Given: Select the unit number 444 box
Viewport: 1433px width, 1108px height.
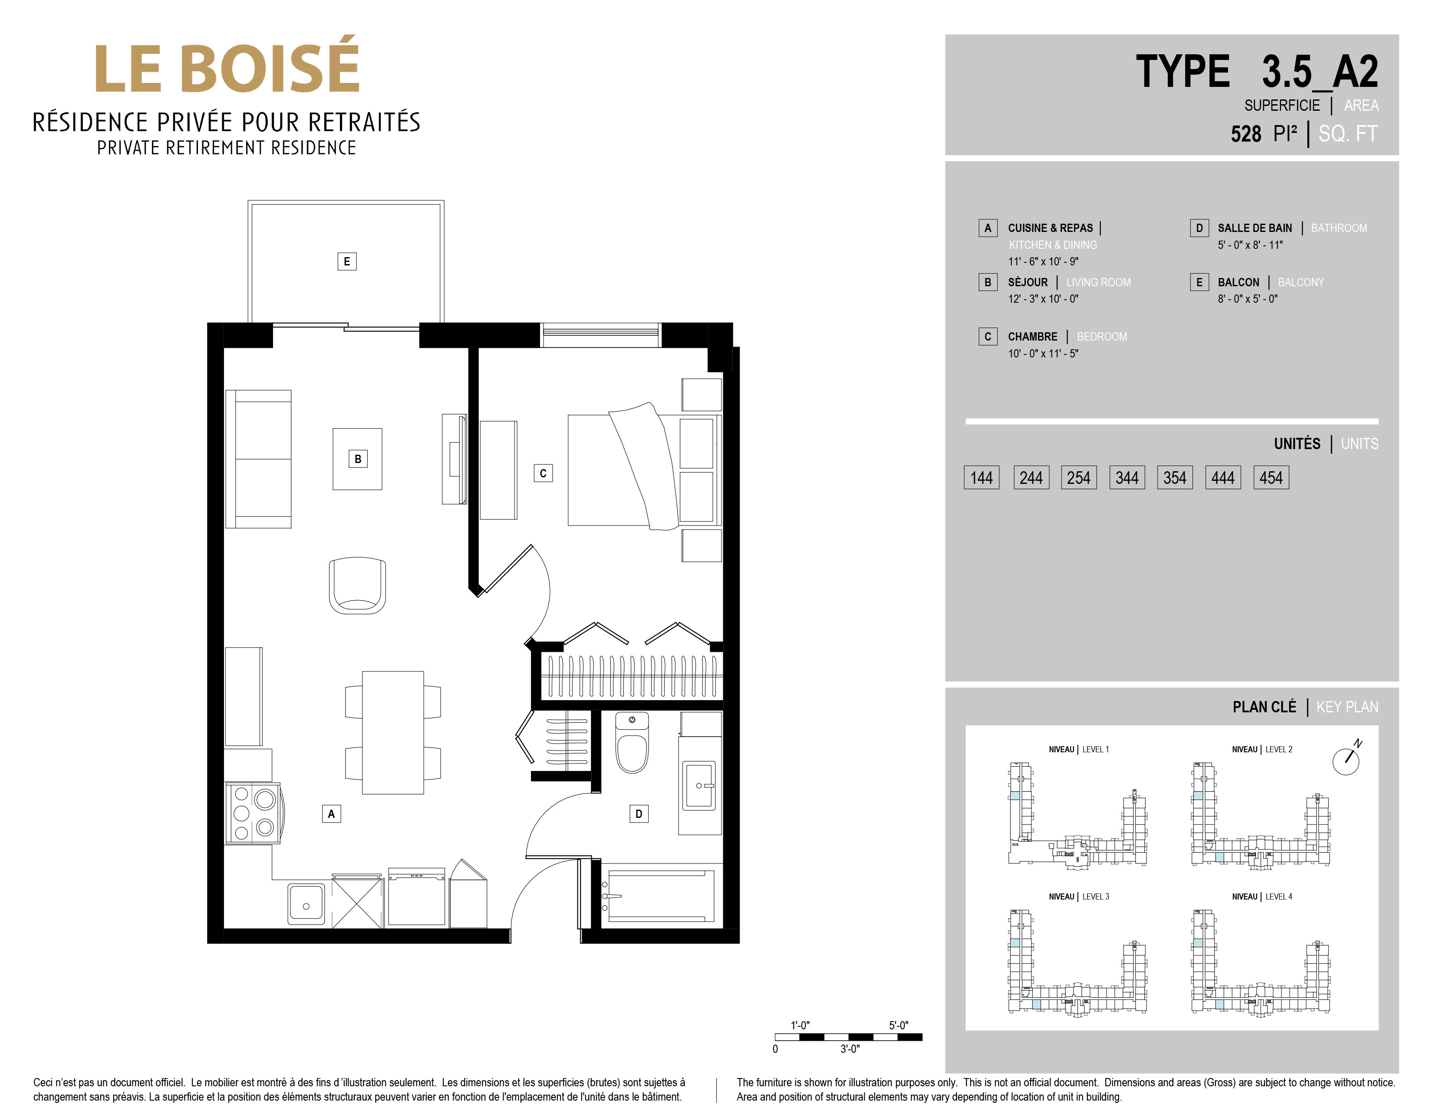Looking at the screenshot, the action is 1223,477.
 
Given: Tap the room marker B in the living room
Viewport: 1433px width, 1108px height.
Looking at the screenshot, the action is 358,459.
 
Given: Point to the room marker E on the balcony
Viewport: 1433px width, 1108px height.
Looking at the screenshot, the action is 347,261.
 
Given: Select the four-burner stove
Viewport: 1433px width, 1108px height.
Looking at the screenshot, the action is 253,813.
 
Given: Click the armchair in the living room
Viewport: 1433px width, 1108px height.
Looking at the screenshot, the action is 357,585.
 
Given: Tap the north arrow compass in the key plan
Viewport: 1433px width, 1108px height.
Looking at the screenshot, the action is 1346,760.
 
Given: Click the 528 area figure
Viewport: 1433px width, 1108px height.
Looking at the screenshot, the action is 1245,134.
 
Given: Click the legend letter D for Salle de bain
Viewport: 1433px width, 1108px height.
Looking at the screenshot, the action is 1199,228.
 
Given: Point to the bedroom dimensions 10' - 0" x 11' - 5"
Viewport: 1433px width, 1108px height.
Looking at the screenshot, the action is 1043,353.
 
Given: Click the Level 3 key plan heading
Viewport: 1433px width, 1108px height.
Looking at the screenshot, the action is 1079,896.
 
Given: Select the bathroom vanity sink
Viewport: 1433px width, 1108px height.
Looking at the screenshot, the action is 699,785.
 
